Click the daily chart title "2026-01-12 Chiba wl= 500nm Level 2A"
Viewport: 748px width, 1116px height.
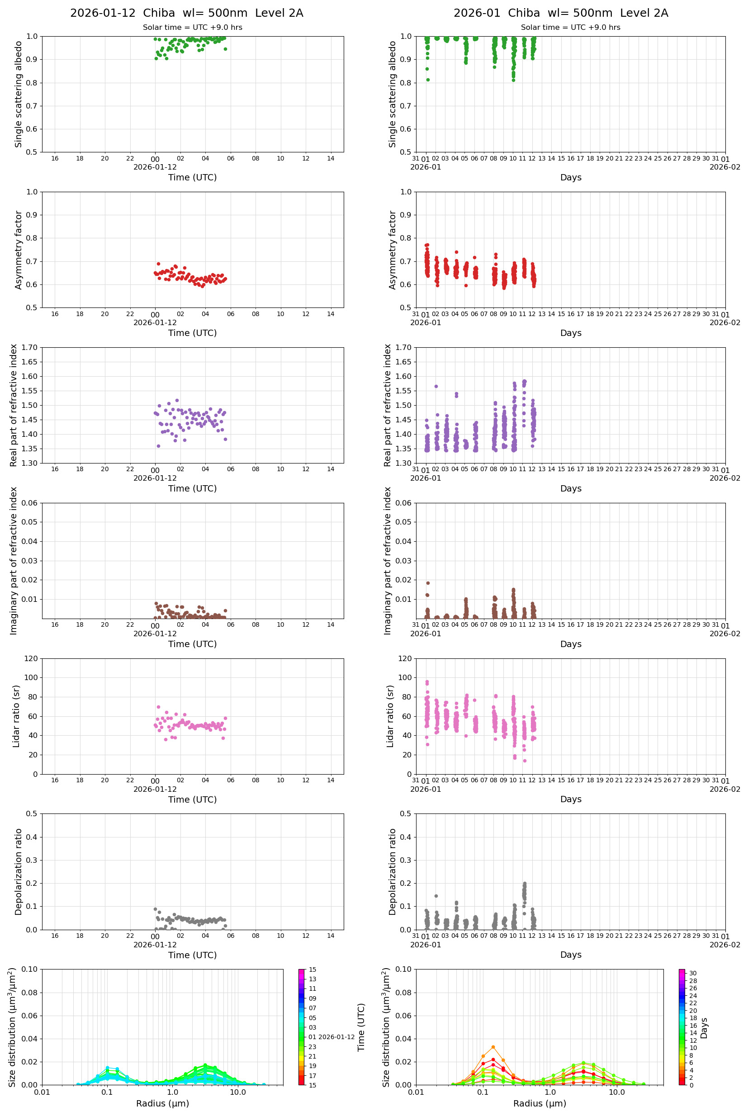pyautogui.click(x=186, y=13)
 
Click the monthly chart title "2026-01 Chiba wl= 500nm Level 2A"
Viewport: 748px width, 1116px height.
pyautogui.click(x=560, y=13)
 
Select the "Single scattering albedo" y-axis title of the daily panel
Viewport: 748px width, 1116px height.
pyautogui.click(x=18, y=94)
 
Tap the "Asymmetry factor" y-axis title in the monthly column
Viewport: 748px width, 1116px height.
pyautogui.click(x=392, y=250)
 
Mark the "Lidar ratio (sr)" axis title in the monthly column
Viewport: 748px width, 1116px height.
pyautogui.click(x=390, y=716)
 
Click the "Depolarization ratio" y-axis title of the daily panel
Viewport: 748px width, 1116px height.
pyautogui.click(x=18, y=871)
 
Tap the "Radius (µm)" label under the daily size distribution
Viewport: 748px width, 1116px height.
pyautogui.click(x=163, y=1103)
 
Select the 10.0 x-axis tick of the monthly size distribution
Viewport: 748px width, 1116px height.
pyautogui.click(x=616, y=1092)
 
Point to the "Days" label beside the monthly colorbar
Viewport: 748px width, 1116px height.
pyautogui.click(x=704, y=1028)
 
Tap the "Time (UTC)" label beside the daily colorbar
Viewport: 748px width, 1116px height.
pyautogui.click(x=361, y=1027)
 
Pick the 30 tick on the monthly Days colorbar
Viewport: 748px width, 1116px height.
pyautogui.click(x=693, y=973)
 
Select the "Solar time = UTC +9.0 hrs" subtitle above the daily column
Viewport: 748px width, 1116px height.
pyautogui.click(x=192, y=28)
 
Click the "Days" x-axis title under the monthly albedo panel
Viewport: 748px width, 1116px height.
pyautogui.click(x=571, y=177)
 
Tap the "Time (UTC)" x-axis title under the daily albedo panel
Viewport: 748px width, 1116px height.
pyautogui.click(x=192, y=177)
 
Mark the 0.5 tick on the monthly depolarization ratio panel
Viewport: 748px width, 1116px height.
pyautogui.click(x=406, y=813)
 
